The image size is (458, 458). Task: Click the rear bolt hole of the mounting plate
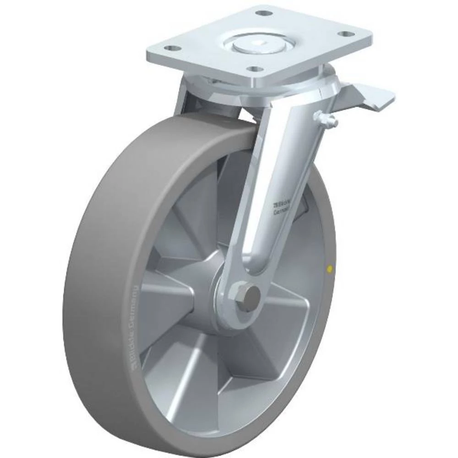(x=261, y=13)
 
